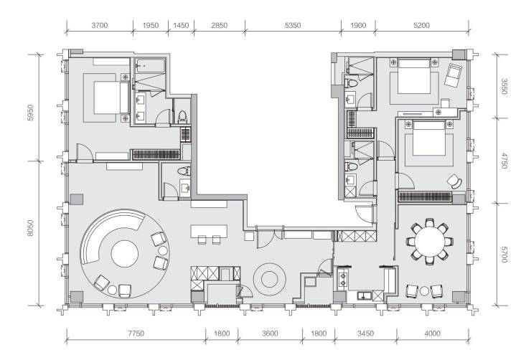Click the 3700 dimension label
pos(100,25)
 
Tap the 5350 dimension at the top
pos(293,25)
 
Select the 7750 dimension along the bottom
pos(136,333)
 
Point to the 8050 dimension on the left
pos(30,228)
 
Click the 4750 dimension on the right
pos(504,161)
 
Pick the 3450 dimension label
pos(365,333)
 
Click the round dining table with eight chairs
pos(430,241)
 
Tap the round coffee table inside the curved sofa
pos(125,254)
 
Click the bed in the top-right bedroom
pos(414,77)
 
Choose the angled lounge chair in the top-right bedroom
pos(453,75)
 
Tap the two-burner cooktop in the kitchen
pos(343,278)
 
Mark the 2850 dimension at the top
pos(219,25)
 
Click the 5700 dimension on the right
pos(504,255)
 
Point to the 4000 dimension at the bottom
pos(433,333)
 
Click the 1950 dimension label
pos(151,25)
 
